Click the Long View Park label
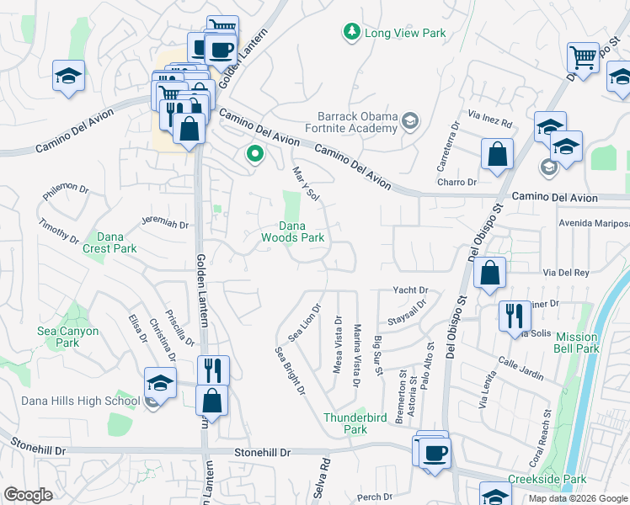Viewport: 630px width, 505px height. click(x=404, y=34)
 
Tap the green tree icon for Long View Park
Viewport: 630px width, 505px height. click(x=351, y=32)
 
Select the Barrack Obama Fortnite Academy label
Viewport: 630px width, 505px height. click(x=356, y=122)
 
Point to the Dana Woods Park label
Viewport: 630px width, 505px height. click(x=302, y=231)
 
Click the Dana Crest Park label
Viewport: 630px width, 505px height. click(x=109, y=242)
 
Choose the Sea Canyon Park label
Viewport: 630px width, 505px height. click(x=67, y=337)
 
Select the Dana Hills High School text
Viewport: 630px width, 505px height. click(x=69, y=401)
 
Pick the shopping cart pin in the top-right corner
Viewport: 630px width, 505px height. click(x=582, y=58)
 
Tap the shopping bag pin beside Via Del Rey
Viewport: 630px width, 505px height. click(x=489, y=274)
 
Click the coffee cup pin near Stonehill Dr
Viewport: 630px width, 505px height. click(x=435, y=455)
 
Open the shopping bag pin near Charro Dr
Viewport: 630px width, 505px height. click(x=497, y=155)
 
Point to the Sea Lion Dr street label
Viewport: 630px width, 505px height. click(x=305, y=322)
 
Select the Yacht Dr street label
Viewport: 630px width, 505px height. click(x=411, y=290)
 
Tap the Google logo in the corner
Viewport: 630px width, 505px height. click(x=29, y=495)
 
